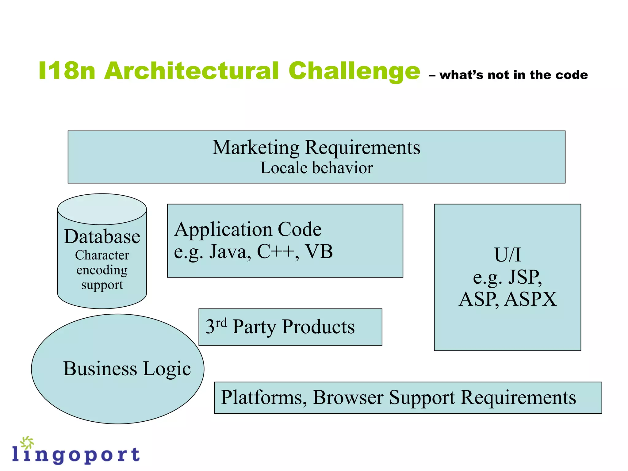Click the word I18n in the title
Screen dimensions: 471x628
click(x=67, y=71)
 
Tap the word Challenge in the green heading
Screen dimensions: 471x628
click(x=354, y=71)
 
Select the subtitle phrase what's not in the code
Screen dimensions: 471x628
click(x=514, y=75)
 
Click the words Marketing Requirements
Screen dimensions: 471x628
click(x=316, y=147)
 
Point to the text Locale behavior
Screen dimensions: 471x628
click(x=316, y=168)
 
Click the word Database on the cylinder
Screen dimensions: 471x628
click(x=102, y=237)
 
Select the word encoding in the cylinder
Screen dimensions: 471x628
click(x=102, y=270)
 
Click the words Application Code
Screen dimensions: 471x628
click(x=248, y=229)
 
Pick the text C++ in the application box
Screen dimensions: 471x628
click(x=276, y=252)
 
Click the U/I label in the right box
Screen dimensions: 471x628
click(x=507, y=255)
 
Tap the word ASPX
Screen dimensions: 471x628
click(x=530, y=299)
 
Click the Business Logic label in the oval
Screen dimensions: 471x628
click(x=127, y=368)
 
